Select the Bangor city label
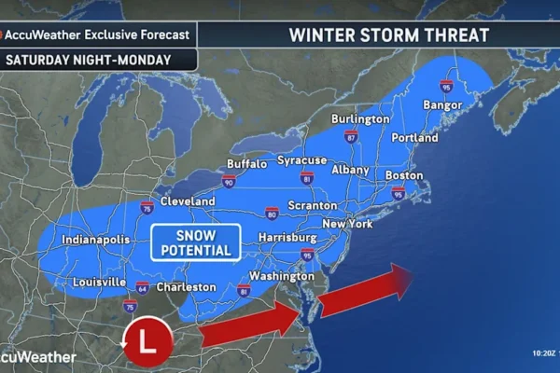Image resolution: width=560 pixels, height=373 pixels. tap(443, 104)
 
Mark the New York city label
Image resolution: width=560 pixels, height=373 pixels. tap(347, 224)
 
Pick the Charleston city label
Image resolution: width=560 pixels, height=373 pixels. tap(186, 287)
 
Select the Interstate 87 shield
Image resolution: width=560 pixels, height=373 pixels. tap(351, 137)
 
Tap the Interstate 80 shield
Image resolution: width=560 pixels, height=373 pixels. tap(271, 214)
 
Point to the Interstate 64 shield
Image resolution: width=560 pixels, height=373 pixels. tap(141, 286)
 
